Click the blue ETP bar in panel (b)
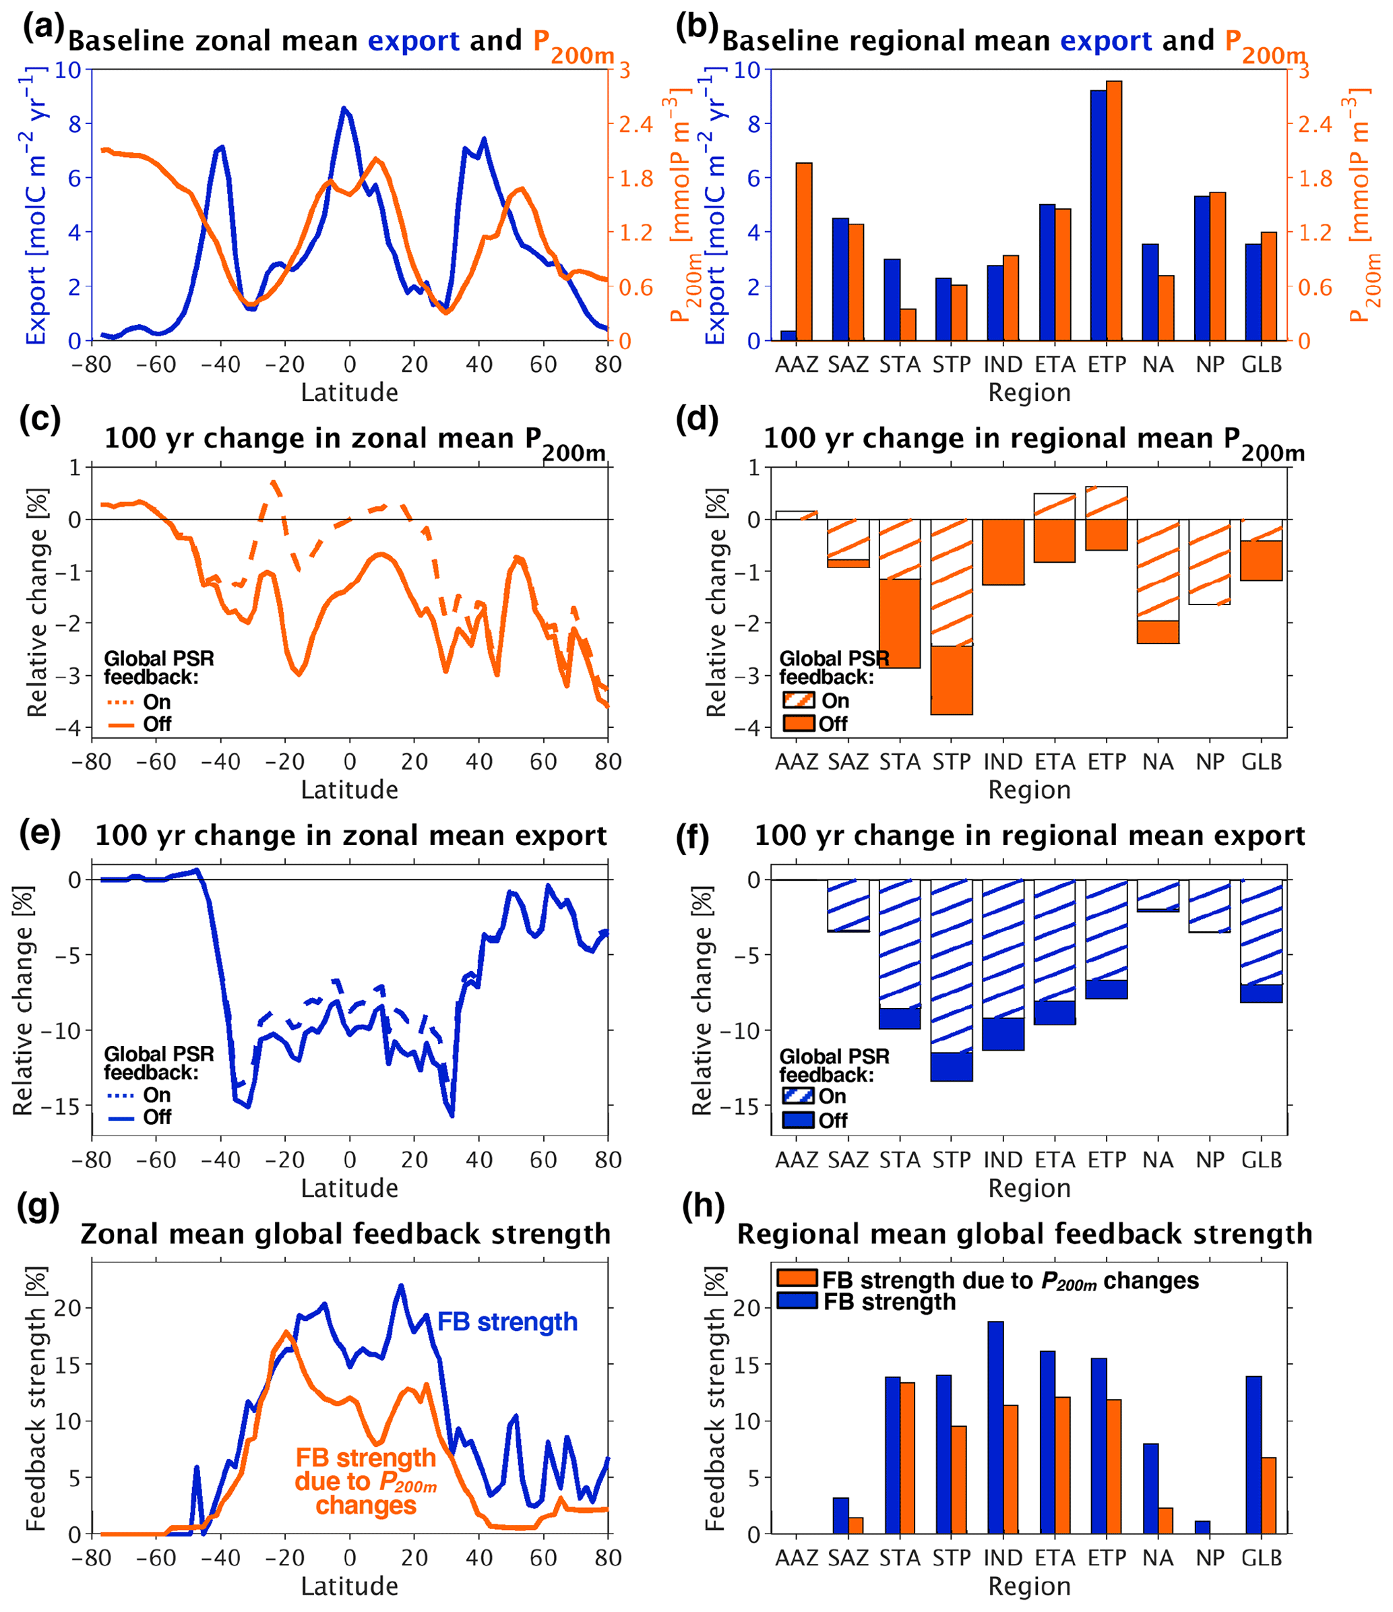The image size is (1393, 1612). (x=1097, y=216)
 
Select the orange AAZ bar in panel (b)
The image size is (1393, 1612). (x=804, y=251)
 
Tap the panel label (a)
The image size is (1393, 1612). (x=43, y=27)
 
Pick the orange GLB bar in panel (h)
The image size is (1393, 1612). (x=1268, y=1495)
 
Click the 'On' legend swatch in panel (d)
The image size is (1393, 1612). (x=799, y=700)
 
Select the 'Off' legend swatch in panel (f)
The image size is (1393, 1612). (x=798, y=1120)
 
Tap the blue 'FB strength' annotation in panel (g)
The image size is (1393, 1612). (x=507, y=1322)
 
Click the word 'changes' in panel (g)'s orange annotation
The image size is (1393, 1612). (x=366, y=1506)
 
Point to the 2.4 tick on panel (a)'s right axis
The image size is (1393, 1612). (x=635, y=124)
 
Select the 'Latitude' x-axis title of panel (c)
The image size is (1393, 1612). (x=349, y=790)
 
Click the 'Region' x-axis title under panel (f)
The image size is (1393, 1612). (x=1030, y=1188)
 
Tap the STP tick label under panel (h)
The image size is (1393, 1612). (x=951, y=1557)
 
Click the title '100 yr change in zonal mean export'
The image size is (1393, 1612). (x=350, y=836)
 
